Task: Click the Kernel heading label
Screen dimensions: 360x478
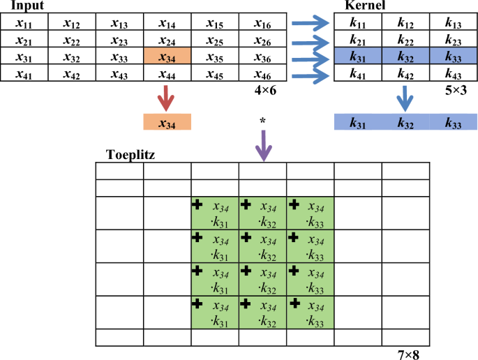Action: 363,6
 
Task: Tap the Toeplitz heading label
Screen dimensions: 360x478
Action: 130,155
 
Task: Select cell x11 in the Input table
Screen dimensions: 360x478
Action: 24,23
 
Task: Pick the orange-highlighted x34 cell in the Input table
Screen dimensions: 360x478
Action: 167,57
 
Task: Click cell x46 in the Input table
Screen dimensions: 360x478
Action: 262,73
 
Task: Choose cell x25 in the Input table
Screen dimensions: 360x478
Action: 214,40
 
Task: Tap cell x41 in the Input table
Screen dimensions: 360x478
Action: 24,73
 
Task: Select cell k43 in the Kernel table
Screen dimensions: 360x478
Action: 453,73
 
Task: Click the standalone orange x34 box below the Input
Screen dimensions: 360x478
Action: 167,123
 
